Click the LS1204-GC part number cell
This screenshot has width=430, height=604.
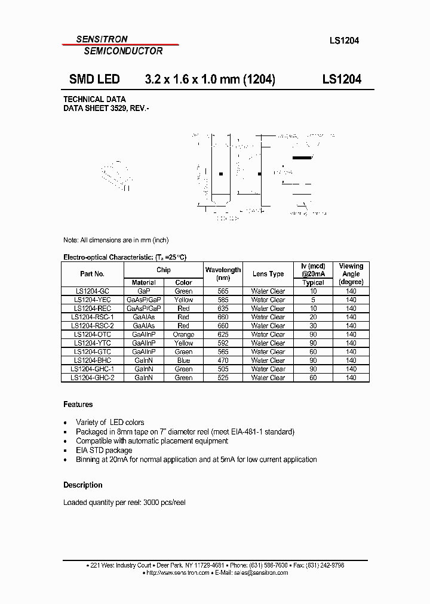coord(92,291)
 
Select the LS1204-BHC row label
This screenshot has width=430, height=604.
coord(92,360)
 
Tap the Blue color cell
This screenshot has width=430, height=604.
coord(183,360)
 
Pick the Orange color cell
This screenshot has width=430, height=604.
coord(183,335)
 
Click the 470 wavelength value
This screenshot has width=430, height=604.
coord(223,360)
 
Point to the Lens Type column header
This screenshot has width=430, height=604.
coord(268,274)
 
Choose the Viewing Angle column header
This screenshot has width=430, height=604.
coord(351,274)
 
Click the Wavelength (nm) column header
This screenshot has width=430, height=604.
coord(223,274)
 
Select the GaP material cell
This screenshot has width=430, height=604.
coord(144,291)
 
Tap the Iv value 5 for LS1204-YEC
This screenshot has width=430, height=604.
coord(313,300)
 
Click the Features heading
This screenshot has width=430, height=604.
coord(78,405)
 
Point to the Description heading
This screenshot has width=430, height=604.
coord(83,485)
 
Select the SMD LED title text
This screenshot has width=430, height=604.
coord(94,79)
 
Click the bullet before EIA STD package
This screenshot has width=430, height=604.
coord(65,451)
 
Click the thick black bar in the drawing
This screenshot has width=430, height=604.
coord(302,158)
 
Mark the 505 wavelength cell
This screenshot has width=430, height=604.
coord(223,369)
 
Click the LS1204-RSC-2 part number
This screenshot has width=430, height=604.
coord(92,326)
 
